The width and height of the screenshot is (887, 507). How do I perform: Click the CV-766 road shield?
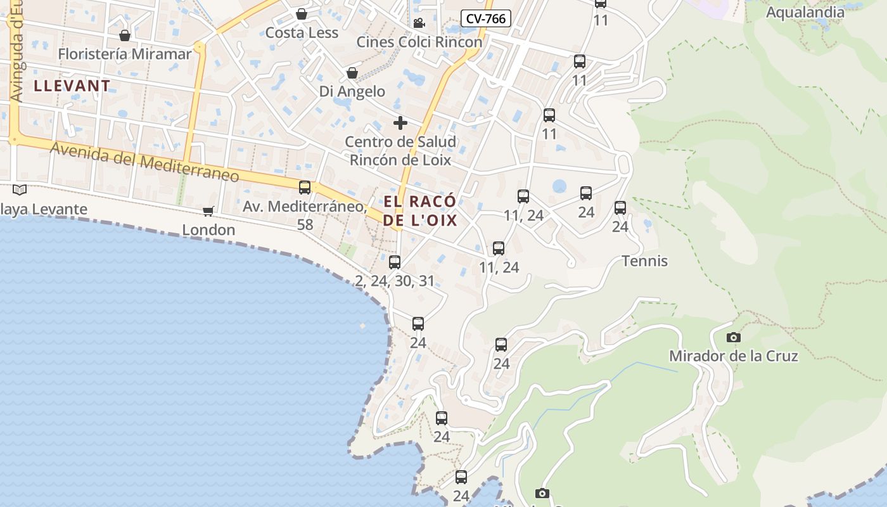coord(485,18)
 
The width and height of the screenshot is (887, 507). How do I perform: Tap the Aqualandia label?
coord(805,12)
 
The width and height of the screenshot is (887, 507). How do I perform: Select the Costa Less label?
coord(302,32)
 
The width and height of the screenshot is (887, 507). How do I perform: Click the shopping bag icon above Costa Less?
coord(302,14)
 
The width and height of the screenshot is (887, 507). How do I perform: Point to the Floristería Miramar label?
coord(124,54)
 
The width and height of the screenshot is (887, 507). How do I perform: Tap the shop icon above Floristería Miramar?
coord(125,35)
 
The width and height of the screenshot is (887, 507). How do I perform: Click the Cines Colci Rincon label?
coord(419,42)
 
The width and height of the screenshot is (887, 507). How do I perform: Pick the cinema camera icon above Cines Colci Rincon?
coord(419,23)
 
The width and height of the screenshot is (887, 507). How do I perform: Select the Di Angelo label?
coord(352,91)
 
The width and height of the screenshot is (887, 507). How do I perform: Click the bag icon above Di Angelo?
coord(352,73)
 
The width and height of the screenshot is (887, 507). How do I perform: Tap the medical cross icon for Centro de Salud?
coord(400,123)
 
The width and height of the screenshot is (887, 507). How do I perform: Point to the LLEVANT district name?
coord(72,86)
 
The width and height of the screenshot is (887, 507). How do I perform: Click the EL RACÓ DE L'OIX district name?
coord(419,211)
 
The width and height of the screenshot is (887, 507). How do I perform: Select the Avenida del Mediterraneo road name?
coord(144,161)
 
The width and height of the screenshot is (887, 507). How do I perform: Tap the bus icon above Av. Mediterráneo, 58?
coord(305,188)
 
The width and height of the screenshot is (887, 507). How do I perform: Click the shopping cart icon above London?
coord(208,211)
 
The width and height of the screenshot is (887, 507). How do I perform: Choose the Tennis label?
coord(645,261)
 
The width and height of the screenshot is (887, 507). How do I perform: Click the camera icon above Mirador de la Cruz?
coord(734,337)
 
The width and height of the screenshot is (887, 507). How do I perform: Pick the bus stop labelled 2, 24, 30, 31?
coord(395,262)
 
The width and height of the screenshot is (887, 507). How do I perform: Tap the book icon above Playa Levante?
coord(20,189)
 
